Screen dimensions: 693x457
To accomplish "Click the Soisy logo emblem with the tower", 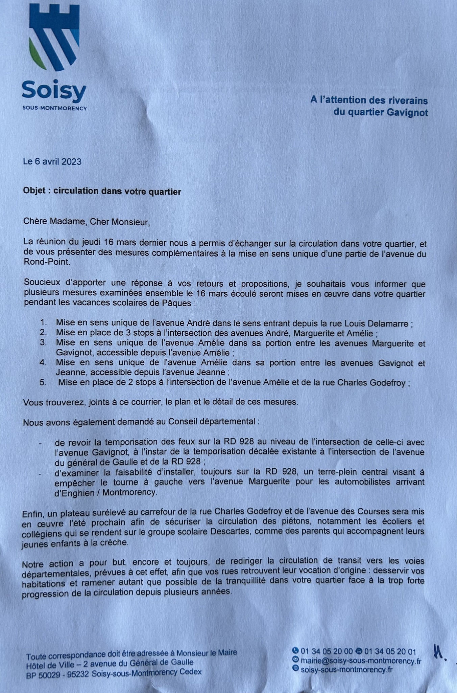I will coord(54,37).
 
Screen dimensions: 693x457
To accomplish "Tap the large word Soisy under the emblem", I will coord(54,91).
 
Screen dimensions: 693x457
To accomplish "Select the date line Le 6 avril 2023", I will coord(52,161).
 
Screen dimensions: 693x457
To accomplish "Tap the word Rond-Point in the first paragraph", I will coord(47,262).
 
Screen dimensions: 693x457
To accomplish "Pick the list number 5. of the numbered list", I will coord(43,382).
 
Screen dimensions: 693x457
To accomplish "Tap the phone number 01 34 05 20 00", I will coord(327,651).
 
